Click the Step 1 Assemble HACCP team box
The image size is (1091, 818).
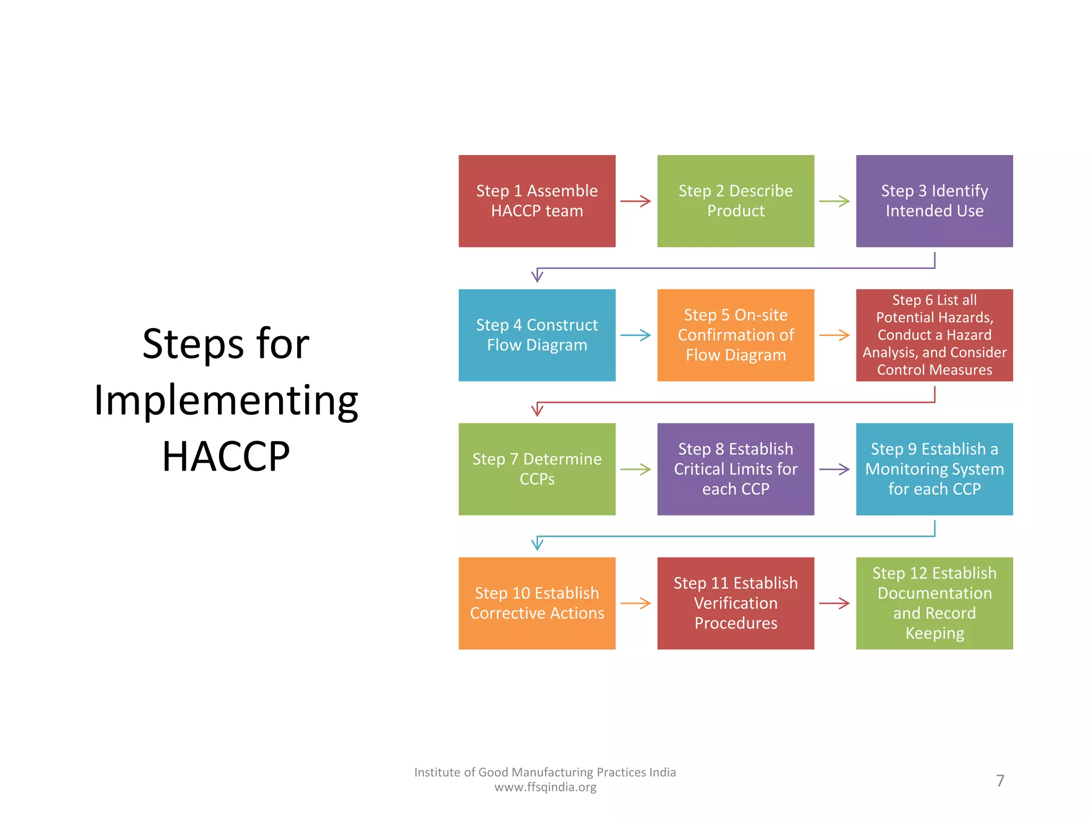click(x=537, y=201)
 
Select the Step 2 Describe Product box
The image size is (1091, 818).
click(x=736, y=201)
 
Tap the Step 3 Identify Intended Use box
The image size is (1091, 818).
click(x=934, y=201)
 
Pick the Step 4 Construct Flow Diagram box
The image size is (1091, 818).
click(x=537, y=335)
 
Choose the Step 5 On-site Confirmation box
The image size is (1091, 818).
click(x=736, y=335)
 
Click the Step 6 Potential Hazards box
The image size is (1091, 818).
click(x=934, y=335)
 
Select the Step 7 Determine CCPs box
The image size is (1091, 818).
click(x=537, y=469)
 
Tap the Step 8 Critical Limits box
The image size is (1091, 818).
click(x=736, y=469)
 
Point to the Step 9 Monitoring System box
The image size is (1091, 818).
click(x=934, y=469)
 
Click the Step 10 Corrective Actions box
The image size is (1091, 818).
click(x=537, y=603)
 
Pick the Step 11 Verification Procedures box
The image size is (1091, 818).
click(x=736, y=603)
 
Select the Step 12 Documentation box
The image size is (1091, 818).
click(x=934, y=603)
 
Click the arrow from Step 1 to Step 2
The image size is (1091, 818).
click(x=636, y=201)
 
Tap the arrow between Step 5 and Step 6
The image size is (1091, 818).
click(x=835, y=336)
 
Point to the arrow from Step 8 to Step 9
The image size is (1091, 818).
click(x=835, y=470)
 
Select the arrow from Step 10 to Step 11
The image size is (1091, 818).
click(x=636, y=604)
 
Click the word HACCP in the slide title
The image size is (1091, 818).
click(x=226, y=457)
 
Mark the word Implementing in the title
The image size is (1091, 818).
click(x=226, y=400)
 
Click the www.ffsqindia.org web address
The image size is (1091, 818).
click(x=545, y=787)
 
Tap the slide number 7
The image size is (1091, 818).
click(x=1000, y=781)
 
